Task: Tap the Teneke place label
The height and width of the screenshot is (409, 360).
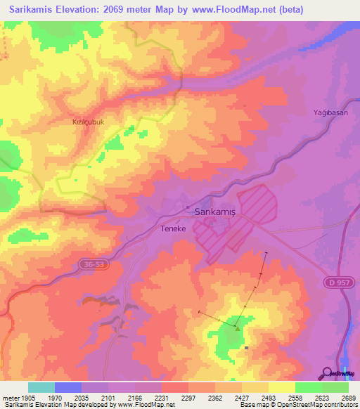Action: [174, 229]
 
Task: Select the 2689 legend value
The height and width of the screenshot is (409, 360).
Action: [349, 398]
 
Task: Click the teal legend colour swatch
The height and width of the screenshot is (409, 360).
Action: [41, 387]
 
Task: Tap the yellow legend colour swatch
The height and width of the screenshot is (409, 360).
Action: [282, 387]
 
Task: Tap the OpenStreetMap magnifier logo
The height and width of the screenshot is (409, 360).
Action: [328, 373]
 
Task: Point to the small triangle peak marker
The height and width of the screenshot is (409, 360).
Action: [238, 327]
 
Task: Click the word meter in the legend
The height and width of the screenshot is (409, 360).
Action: [10, 398]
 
